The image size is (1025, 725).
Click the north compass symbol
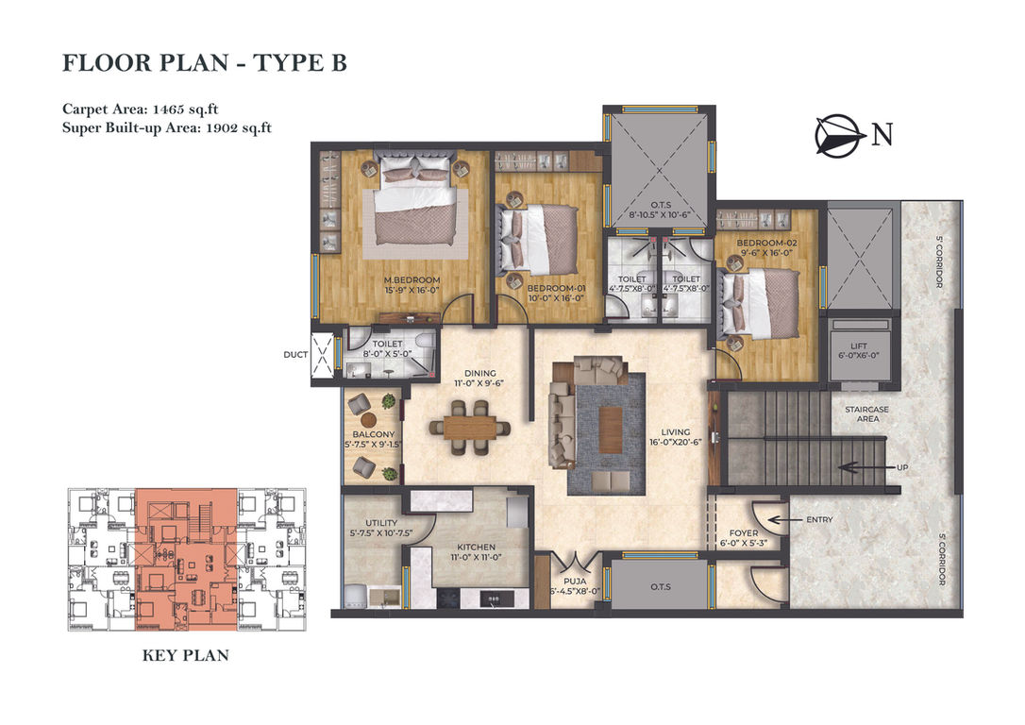tap(836, 136)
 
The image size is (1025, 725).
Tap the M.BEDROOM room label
tap(412, 280)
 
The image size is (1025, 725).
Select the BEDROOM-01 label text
tap(556, 288)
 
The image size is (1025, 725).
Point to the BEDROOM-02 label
tap(766, 244)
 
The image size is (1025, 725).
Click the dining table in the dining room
tap(470, 428)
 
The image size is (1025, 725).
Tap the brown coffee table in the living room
tap(611, 430)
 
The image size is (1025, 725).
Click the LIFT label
tap(859, 346)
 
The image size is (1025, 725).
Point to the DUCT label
tap(295, 355)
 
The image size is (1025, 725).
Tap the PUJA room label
tap(575, 582)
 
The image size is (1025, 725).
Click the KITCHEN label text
tap(476, 548)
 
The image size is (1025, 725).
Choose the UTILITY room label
tap(381, 523)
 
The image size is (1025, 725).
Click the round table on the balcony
tap(369, 420)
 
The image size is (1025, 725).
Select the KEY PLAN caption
tap(186, 656)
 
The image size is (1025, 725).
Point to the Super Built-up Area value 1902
tap(222, 128)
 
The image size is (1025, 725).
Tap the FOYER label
tap(743, 533)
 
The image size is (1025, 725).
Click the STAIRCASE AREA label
tap(867, 413)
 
